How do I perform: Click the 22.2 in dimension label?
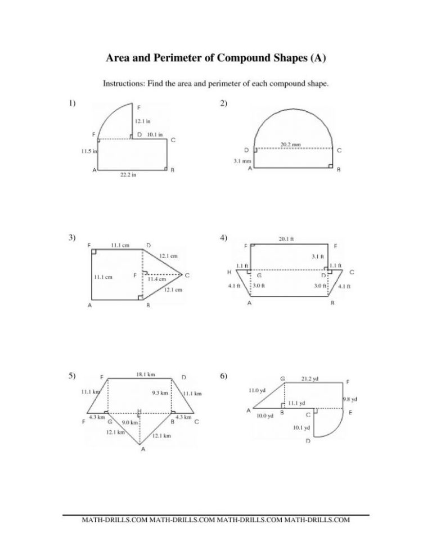128,175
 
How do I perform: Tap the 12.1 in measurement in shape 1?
143,121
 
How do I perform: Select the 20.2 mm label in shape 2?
291,145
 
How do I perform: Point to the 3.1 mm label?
242,161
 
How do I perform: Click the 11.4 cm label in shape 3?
156,279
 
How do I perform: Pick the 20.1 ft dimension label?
287,239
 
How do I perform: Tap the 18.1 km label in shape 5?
145,374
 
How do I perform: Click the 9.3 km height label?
160,393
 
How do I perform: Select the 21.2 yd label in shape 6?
310,378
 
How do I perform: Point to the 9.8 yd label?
350,399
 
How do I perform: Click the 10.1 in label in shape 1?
155,134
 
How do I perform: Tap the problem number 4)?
224,237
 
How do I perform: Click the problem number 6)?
224,376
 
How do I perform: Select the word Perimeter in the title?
181,58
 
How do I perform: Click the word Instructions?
123,84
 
